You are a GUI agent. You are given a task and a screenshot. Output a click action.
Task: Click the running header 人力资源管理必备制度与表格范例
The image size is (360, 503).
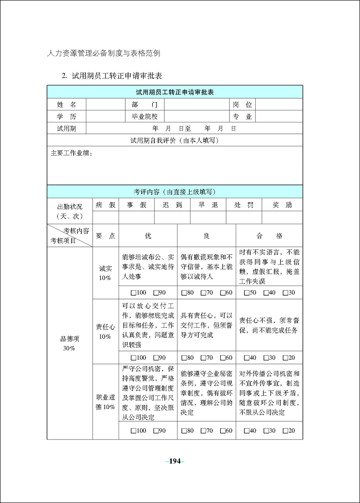coord(104,53)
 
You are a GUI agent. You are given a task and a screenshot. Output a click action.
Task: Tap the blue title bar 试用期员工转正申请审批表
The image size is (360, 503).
coord(175,92)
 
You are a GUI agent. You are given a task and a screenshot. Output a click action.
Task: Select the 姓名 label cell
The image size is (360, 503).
coord(66,105)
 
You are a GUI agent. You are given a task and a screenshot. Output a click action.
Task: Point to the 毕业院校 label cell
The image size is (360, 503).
coord(144,117)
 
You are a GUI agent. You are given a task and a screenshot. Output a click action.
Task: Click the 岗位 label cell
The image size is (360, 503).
coord(242,105)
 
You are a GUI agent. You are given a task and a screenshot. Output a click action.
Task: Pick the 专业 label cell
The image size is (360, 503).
coord(242,117)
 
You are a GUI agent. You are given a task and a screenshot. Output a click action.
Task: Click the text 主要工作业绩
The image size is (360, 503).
coord(72,153)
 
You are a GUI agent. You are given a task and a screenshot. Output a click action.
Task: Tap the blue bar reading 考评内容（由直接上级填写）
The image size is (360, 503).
coord(175,192)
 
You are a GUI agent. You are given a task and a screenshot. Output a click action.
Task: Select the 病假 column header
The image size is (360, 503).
coord(106,205)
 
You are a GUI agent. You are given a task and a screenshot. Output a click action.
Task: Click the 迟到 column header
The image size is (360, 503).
coord(172,205)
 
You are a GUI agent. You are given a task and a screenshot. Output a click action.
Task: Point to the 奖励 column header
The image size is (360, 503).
coord(282,205)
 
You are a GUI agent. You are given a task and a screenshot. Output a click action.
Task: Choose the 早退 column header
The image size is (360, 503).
coord(208,205)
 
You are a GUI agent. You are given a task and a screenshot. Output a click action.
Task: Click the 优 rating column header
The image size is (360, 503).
coord(148,236)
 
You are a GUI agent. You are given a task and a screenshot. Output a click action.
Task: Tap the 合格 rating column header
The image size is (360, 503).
coord(269,236)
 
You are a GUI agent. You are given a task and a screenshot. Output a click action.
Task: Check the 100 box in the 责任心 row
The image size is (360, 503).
coord(133,358)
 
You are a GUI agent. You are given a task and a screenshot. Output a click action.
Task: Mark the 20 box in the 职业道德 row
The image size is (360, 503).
coord(285,431)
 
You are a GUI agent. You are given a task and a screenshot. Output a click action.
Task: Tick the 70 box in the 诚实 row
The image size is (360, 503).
coord(204,293)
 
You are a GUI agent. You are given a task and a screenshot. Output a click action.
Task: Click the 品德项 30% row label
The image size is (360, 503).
coord(69,343)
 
